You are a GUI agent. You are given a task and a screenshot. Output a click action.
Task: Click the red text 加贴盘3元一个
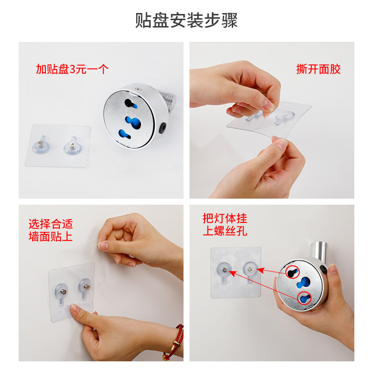point(72,69)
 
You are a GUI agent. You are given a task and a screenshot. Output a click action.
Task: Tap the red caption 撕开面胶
point(318,69)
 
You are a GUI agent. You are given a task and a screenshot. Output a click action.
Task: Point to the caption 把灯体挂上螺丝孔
point(225,224)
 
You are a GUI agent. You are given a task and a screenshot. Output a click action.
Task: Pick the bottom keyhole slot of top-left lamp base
point(129,135)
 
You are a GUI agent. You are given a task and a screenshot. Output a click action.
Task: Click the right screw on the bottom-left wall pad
point(86,283)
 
